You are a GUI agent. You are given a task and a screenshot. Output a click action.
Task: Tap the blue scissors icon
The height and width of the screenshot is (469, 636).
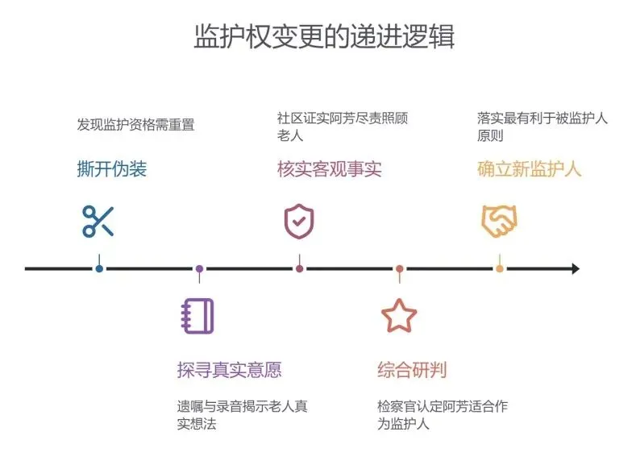[98, 221]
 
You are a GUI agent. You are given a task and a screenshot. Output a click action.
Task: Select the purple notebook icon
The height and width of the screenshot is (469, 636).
[198, 316]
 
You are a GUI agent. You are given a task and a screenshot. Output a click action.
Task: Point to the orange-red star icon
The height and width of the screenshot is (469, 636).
[399, 316]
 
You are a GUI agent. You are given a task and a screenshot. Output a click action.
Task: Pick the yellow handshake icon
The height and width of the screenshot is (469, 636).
[499, 221]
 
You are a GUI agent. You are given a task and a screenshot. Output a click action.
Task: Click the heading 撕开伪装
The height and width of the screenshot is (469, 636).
[112, 168]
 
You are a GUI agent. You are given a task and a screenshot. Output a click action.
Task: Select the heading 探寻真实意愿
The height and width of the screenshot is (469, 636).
[229, 370]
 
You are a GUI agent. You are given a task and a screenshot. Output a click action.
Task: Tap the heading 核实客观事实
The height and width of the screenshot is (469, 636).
[329, 168]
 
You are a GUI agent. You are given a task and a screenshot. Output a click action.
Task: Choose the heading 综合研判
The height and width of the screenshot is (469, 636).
[412, 370]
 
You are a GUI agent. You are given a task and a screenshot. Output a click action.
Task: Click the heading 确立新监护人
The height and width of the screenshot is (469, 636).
[529, 168]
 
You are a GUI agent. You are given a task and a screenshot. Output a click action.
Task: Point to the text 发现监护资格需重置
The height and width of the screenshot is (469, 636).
[135, 125]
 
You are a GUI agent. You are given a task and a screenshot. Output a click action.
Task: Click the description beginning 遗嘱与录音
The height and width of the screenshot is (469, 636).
[242, 415]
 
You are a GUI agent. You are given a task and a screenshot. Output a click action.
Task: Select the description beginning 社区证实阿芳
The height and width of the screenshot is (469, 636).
[342, 127]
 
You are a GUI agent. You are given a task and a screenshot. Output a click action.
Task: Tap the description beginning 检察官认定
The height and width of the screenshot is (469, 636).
[442, 415]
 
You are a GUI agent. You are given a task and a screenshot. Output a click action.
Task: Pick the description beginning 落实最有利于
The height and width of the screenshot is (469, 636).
[542, 127]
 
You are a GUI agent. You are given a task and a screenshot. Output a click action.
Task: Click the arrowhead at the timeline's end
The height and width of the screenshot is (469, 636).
[575, 268]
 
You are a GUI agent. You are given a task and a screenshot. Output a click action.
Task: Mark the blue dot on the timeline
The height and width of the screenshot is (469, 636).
[99, 268]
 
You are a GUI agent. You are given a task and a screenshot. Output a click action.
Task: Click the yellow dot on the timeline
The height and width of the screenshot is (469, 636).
[500, 268]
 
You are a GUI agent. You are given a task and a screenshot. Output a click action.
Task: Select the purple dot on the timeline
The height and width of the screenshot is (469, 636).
[199, 268]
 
